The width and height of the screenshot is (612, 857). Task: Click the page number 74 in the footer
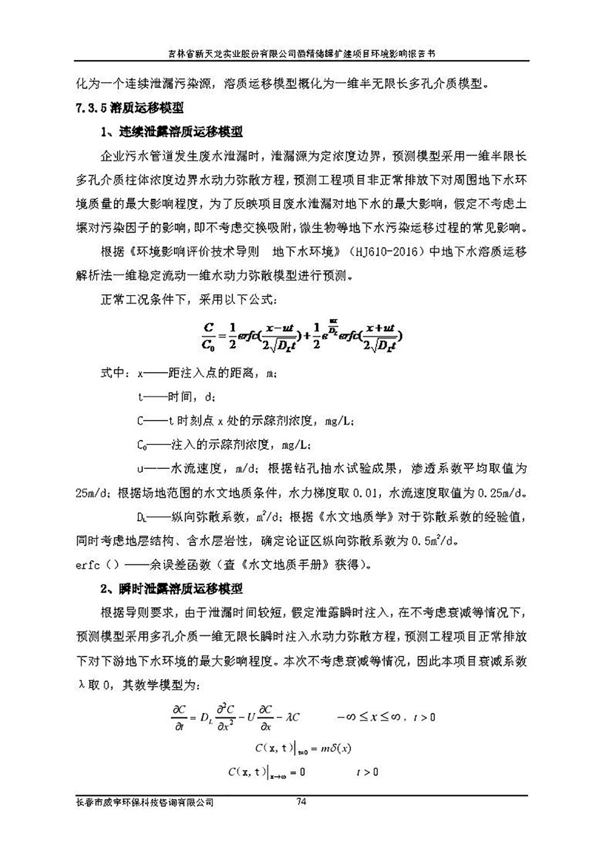[x=300, y=802]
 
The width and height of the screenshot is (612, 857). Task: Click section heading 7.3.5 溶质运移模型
[x=129, y=108]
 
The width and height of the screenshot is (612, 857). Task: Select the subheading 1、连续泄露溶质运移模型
[x=171, y=132]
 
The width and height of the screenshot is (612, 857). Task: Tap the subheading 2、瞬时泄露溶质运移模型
[x=171, y=589]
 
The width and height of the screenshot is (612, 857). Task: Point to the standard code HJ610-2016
[x=393, y=252]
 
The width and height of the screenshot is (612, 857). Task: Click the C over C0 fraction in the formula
[x=208, y=335]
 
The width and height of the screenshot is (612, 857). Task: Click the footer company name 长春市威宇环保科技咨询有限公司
[x=144, y=803]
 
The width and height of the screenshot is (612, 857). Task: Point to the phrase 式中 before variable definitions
[x=115, y=373]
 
